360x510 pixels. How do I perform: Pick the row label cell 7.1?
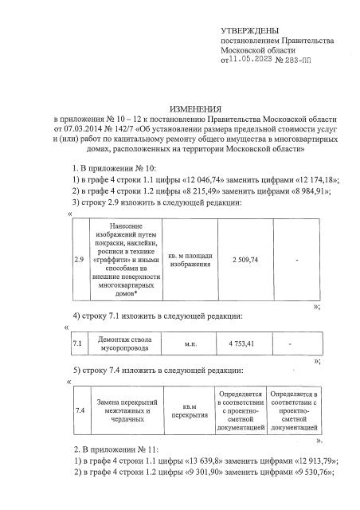pyautogui.click(x=78, y=343)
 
